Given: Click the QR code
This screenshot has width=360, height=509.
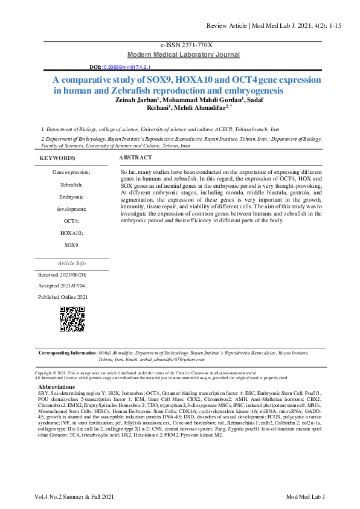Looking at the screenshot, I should [x=71, y=319].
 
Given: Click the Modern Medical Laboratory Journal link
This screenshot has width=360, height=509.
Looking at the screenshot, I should [x=183, y=55].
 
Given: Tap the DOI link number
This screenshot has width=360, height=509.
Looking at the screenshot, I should [x=126, y=68].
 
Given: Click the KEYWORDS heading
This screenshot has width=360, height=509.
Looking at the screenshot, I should [x=57, y=158].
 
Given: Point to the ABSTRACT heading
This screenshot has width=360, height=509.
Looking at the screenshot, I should [x=135, y=158].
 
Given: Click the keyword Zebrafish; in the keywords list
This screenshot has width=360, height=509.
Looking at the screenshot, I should [x=72, y=184].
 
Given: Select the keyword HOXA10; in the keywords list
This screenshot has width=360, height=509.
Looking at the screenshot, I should [x=72, y=232].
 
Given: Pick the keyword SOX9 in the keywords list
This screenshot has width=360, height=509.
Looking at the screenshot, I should [x=72, y=245].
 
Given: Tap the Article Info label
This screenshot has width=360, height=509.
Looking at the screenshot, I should [x=71, y=263].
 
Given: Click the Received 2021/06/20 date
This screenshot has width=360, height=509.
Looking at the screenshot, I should [x=62, y=274].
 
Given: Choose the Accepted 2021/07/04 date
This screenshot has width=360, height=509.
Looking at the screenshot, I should [x=62, y=285].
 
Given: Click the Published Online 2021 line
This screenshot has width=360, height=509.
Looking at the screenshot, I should [x=63, y=296].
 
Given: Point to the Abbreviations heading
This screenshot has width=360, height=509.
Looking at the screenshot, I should [x=56, y=387].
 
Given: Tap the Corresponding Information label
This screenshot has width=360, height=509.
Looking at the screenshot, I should [x=66, y=353].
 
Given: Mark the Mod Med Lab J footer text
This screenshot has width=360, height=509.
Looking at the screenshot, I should [x=305, y=497].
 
